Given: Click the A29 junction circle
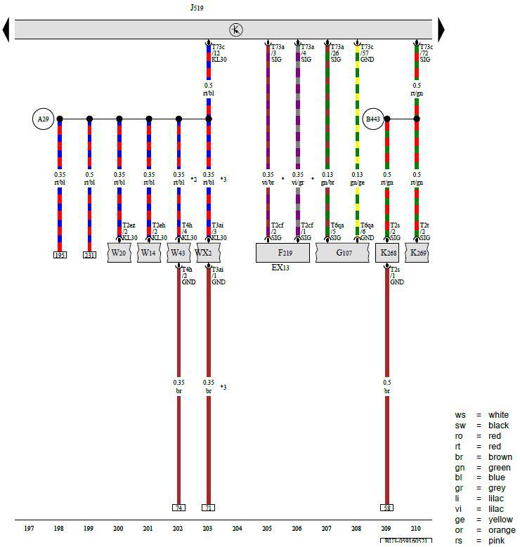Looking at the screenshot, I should (44, 119).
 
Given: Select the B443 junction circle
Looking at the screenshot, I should (372, 119).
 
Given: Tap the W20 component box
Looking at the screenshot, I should (119, 253).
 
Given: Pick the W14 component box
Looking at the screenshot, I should (149, 253).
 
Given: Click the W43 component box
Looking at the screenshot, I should (178, 253).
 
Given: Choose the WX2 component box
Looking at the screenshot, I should (208, 253).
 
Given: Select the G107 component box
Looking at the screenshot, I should (342, 253).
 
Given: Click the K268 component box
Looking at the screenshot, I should (387, 253).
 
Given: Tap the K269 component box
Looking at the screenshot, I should (417, 253).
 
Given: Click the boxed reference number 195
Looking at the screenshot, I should (60, 255).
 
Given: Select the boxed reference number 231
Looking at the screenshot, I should (89, 255).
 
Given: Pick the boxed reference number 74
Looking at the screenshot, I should (178, 507).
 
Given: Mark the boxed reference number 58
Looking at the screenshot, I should (387, 507).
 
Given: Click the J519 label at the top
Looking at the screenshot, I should (197, 8).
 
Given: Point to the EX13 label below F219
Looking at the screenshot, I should (280, 268).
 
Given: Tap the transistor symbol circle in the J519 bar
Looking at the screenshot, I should (236, 29).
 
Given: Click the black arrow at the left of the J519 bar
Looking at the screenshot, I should (6, 29).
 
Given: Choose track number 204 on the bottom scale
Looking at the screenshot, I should (238, 527).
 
